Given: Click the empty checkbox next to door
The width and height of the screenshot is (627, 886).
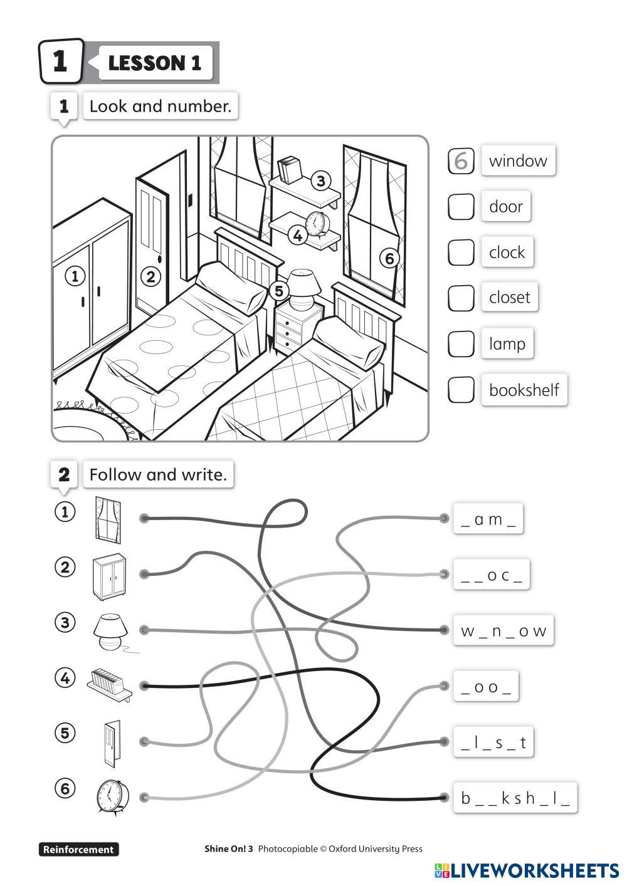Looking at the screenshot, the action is point(461,207).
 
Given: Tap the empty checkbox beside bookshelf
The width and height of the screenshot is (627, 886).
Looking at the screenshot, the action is point(461,390).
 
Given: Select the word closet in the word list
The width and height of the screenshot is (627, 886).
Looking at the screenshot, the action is point(509,298).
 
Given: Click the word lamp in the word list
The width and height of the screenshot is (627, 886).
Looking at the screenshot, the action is point(507,343).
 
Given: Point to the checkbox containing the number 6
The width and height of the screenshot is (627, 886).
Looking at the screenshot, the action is point(461,160).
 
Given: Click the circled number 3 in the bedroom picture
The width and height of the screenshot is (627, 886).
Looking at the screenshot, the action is point(320,180).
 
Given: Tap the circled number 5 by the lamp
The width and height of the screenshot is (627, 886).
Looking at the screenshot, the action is point(279,291).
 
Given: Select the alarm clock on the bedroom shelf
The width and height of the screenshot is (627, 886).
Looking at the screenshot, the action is point(317,224).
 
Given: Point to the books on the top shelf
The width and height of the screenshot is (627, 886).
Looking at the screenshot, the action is point(290,170).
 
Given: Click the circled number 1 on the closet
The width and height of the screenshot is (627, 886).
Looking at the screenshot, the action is point(75,276).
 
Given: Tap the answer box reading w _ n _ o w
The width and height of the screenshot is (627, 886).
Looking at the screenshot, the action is point(503,630).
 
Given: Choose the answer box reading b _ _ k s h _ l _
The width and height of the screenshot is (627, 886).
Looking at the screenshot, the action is point(515,798).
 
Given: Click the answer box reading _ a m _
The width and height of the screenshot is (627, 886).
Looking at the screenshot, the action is point(488,519).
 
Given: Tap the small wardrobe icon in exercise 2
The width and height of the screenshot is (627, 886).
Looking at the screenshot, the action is point(110,576).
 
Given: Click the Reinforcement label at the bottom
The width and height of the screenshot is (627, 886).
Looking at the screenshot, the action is point(79,849).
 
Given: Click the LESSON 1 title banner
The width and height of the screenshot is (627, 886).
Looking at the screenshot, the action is point(155,63).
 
